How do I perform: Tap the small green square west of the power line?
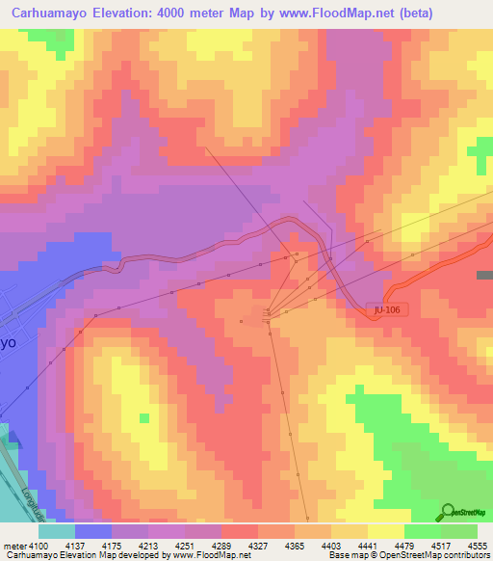click(x=144, y=417)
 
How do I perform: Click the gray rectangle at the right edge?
click(x=483, y=275)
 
